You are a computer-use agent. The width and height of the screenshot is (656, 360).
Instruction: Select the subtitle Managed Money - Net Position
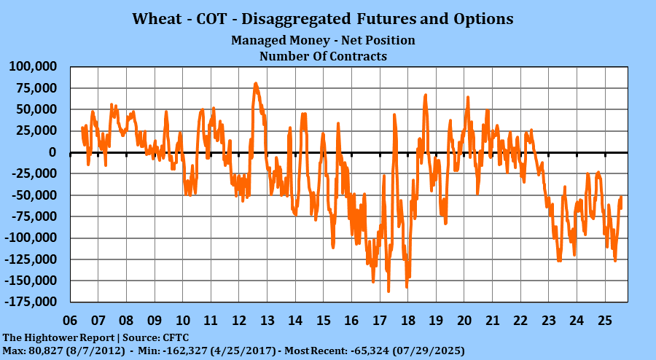323,40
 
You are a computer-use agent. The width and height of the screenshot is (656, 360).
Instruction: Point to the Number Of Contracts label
324,55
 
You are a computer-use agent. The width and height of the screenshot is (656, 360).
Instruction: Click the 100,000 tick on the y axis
34,67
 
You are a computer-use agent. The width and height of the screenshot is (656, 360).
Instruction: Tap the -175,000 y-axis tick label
31,302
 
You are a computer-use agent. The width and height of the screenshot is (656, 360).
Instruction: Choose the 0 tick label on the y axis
53,152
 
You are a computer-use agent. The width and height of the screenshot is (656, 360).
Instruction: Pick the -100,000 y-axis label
31,238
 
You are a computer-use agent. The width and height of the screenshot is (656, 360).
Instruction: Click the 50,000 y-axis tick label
37,109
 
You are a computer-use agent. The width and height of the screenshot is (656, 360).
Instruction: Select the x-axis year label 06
70,321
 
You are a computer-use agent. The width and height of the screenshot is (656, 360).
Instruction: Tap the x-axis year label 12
238,321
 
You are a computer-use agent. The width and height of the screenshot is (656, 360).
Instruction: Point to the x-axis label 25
604,321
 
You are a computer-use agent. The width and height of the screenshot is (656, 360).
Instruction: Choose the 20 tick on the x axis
464,321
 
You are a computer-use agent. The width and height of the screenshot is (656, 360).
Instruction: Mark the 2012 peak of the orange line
255,84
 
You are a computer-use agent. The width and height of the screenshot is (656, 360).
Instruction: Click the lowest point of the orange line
388,291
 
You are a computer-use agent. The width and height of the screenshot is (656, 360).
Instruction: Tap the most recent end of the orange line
621,208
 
